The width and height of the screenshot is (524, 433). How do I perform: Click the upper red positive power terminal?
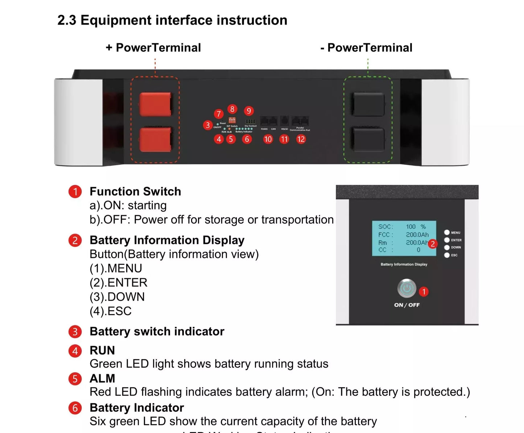click(x=155, y=104)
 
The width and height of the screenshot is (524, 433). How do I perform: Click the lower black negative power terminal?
click(x=368, y=140)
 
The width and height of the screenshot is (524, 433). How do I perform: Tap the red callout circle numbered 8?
click(x=232, y=109)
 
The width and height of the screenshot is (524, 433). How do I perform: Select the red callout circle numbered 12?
click(x=301, y=139)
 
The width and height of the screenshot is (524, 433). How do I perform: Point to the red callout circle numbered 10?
click(x=268, y=139)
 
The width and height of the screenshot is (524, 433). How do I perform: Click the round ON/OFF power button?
click(x=407, y=288)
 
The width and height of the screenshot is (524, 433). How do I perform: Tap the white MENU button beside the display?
click(x=447, y=232)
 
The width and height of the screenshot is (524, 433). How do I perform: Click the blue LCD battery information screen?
click(x=404, y=238)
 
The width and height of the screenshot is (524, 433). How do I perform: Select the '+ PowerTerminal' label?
click(x=153, y=47)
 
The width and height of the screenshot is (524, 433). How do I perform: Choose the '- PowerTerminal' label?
click(x=366, y=47)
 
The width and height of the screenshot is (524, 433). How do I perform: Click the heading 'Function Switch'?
click(x=135, y=191)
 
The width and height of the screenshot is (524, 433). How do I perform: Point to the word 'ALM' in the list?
click(x=102, y=378)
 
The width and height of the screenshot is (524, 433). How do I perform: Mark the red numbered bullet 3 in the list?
click(x=75, y=332)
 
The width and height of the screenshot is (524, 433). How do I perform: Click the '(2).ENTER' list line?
click(x=118, y=283)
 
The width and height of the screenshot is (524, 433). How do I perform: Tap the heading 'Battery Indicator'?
click(x=137, y=408)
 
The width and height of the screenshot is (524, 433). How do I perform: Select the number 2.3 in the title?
click(x=67, y=20)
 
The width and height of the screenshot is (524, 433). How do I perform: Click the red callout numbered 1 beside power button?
click(x=424, y=292)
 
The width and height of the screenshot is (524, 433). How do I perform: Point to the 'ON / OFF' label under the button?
click(x=407, y=305)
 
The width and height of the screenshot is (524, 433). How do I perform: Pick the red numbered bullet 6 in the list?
click(x=75, y=408)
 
